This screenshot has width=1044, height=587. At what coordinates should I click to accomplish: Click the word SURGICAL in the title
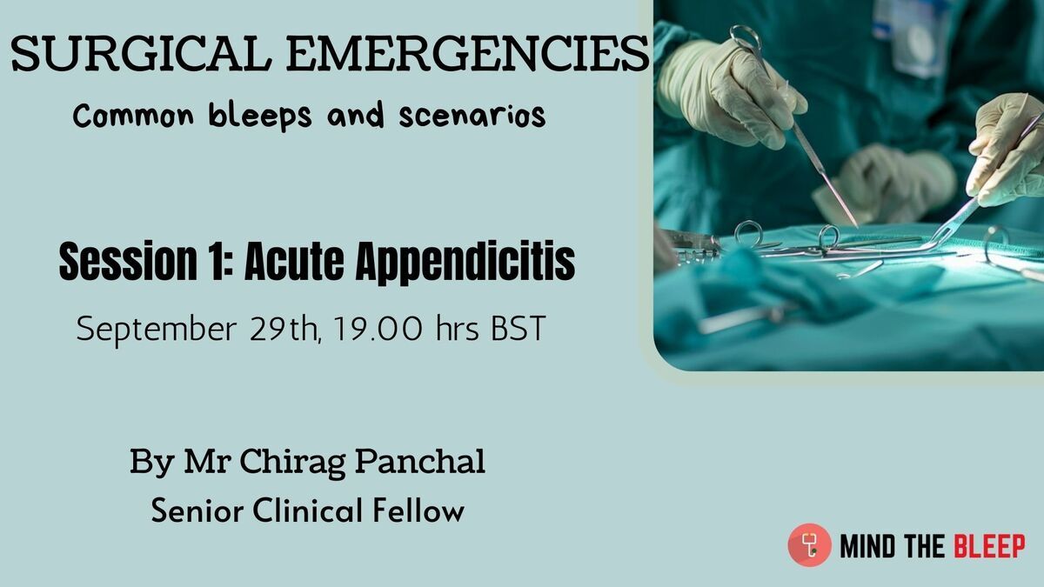pos(141,53)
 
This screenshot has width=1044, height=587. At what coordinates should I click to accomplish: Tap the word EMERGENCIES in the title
pos(468,53)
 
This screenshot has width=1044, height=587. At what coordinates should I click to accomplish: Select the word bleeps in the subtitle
pos(259,115)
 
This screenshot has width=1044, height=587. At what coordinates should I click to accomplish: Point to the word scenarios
pos(472,117)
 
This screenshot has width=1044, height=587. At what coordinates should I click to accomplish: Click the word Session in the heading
pos(128,261)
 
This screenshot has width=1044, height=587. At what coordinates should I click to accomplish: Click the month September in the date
pos(157,330)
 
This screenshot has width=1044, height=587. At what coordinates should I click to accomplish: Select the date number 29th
pos(284,329)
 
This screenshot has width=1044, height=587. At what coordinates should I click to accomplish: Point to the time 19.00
pos(378,329)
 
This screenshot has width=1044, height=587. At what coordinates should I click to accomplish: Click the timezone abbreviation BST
pos(519,329)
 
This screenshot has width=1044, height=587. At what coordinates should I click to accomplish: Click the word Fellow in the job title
pos(418,510)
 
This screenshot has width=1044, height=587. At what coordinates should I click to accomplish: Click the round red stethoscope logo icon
pos(810,544)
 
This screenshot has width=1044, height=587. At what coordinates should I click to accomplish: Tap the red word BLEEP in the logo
pos(989,546)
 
